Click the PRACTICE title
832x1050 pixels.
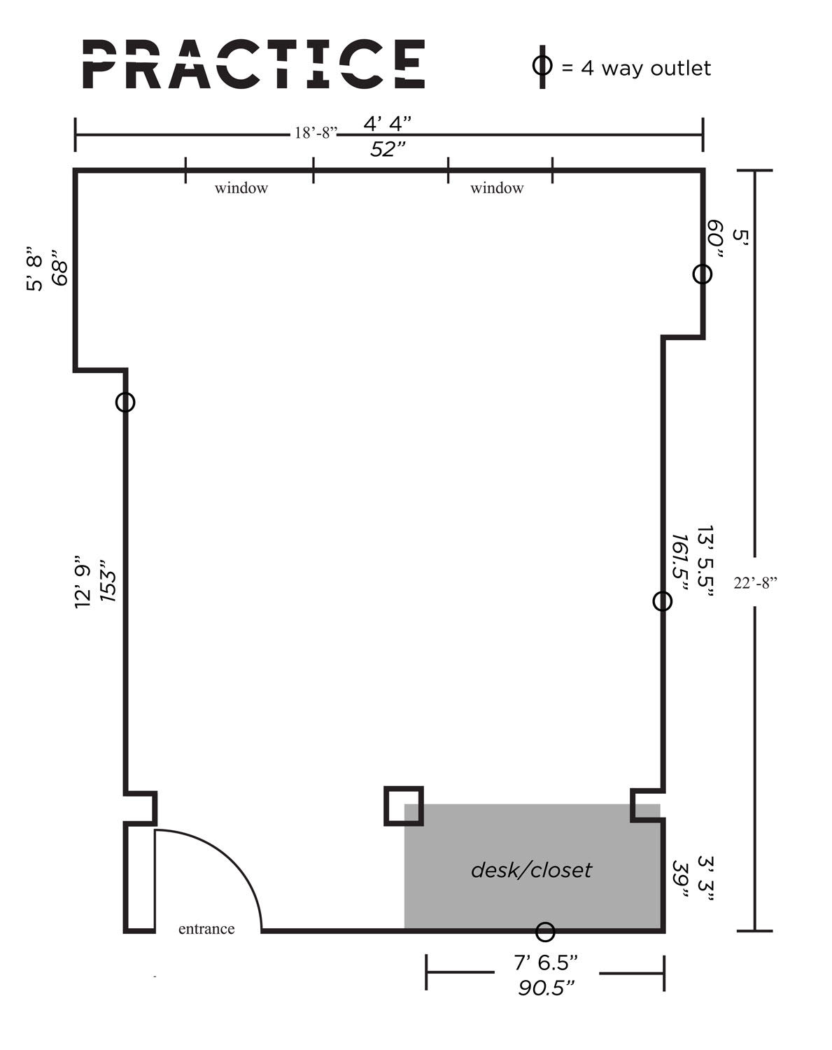(x=253, y=64)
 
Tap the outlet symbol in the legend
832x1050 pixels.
(x=542, y=66)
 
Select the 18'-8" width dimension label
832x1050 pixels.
(x=316, y=133)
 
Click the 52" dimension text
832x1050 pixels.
(x=388, y=149)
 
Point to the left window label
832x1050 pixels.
(x=241, y=188)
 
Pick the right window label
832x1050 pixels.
(x=497, y=188)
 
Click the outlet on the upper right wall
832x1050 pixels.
(x=703, y=274)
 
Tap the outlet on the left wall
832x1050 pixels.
(x=125, y=402)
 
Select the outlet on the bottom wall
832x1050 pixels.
(x=545, y=932)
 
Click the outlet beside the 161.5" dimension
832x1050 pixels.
(x=662, y=601)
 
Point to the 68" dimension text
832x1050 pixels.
(x=61, y=268)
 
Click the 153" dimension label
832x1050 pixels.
(x=108, y=579)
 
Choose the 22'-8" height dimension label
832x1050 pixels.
(x=756, y=582)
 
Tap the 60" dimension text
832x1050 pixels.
(x=714, y=239)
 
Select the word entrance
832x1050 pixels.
(x=206, y=928)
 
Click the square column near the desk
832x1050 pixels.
(x=404, y=806)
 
